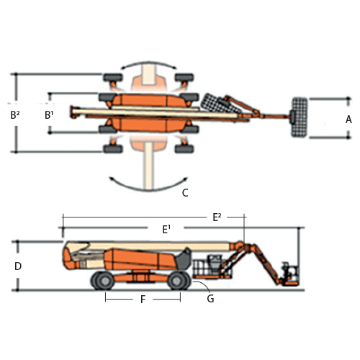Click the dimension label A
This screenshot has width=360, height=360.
348,120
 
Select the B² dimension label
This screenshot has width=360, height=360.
15,115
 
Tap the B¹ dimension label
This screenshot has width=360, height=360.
49,115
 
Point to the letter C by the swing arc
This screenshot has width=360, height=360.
185,193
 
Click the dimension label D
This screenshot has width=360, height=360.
18,266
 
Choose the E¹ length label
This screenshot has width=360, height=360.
166,230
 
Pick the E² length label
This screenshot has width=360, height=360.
217,217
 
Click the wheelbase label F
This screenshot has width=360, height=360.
143,300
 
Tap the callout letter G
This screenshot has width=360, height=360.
210,299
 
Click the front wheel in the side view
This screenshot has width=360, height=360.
179,280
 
